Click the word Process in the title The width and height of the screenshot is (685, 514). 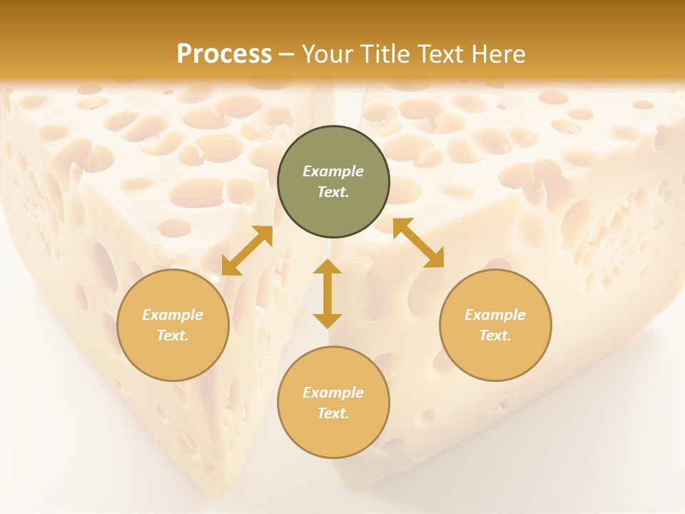224,54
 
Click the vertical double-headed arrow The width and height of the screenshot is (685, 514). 328,293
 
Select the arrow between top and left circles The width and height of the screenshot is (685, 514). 247,251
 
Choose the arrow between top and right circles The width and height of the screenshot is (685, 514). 418,243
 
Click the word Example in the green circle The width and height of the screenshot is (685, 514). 333,171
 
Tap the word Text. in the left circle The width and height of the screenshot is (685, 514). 173,336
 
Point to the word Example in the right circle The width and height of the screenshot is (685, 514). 495,315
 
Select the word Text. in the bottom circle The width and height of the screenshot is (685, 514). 333,413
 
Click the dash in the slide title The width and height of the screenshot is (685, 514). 287,54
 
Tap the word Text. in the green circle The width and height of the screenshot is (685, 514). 333,192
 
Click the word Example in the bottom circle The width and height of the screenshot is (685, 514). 333,393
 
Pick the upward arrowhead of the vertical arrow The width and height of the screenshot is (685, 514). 328,267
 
